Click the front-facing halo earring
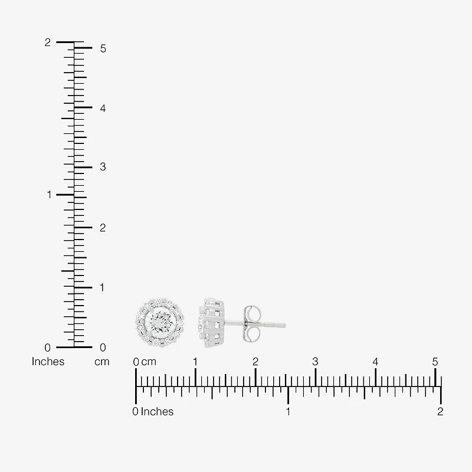tap(160, 323)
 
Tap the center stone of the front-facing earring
tap(160, 323)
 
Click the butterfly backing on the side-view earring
tap(253, 324)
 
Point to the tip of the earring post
tap(285, 325)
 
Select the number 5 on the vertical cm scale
tap(103, 49)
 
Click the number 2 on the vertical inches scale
tap(48, 42)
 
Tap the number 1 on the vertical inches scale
tap(50, 195)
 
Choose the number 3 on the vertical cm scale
tap(103, 167)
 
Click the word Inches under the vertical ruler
tap(48, 362)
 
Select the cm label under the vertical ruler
tap(101, 362)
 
